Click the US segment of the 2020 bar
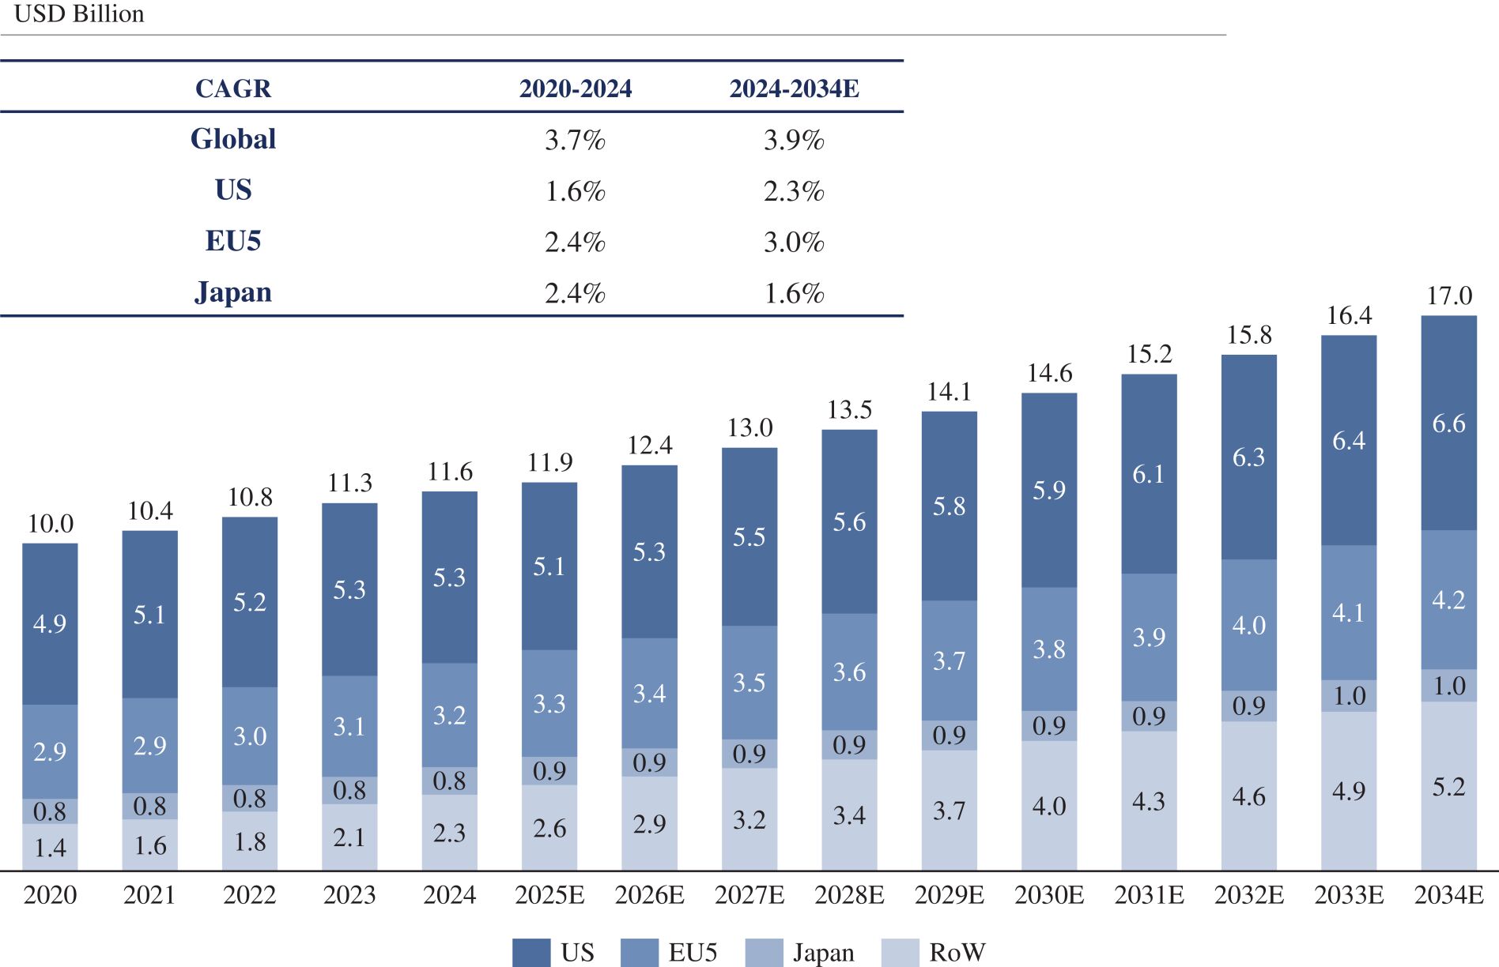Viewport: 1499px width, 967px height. [50, 624]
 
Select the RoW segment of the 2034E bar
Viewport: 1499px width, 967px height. [1448, 786]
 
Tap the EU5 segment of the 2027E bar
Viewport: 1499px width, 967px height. [749, 683]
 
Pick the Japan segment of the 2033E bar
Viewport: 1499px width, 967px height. [1349, 696]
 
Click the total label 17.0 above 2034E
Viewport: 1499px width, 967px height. [1449, 295]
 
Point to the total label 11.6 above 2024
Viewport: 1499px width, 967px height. [450, 472]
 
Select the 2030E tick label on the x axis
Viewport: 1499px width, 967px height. [1049, 894]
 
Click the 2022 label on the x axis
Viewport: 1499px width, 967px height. [250, 894]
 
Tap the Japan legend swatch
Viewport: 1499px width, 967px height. [764, 952]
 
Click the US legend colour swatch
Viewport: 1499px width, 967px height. [531, 952]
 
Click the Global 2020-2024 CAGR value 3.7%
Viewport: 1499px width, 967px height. [575, 140]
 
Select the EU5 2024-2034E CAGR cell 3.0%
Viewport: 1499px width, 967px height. [794, 242]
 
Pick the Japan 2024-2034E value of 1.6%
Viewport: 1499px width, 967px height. [794, 293]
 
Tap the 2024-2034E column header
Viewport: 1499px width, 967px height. [794, 88]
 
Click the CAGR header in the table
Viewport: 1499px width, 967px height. [233, 88]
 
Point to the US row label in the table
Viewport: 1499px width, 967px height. [233, 190]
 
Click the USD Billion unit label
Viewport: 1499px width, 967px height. [79, 14]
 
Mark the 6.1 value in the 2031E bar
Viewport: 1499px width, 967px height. [1149, 474]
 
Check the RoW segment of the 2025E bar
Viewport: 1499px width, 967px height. [549, 827]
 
